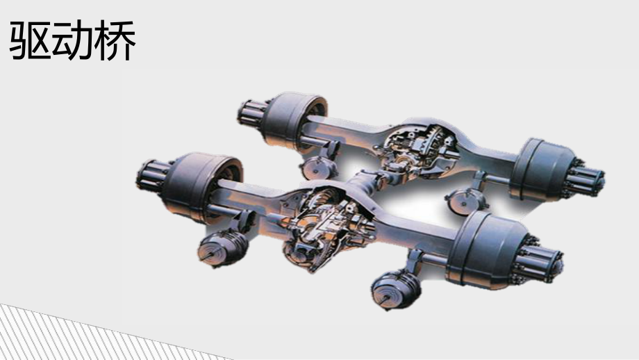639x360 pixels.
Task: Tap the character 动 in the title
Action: [x=72, y=41]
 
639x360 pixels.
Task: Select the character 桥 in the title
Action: [x=115, y=41]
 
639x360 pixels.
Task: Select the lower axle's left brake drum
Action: [x=201, y=187]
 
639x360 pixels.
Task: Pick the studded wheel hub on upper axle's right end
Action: [x=586, y=179]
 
